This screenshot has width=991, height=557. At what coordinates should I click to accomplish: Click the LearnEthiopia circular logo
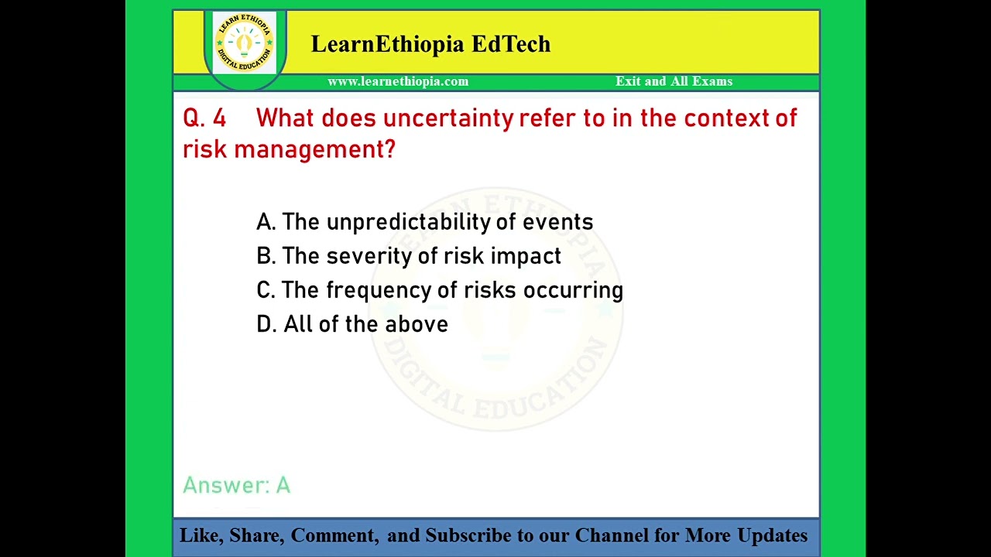click(245, 43)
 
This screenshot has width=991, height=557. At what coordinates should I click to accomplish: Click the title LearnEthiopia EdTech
click(430, 44)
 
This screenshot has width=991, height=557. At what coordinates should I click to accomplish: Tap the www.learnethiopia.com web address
click(398, 81)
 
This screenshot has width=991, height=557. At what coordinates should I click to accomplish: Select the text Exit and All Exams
click(674, 81)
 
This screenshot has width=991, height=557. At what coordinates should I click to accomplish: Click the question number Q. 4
click(204, 118)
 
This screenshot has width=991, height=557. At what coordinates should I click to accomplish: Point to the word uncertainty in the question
click(448, 118)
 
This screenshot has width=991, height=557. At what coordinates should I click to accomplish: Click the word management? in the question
click(314, 149)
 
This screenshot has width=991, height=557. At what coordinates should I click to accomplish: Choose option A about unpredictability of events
click(424, 222)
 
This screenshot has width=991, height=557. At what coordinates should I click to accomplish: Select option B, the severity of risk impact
click(408, 256)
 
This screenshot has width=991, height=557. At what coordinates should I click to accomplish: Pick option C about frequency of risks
click(439, 290)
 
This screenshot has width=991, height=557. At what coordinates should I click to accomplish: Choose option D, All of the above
click(351, 324)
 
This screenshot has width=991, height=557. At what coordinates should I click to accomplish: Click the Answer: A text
click(236, 485)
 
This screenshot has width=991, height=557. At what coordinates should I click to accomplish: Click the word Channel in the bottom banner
click(611, 535)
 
